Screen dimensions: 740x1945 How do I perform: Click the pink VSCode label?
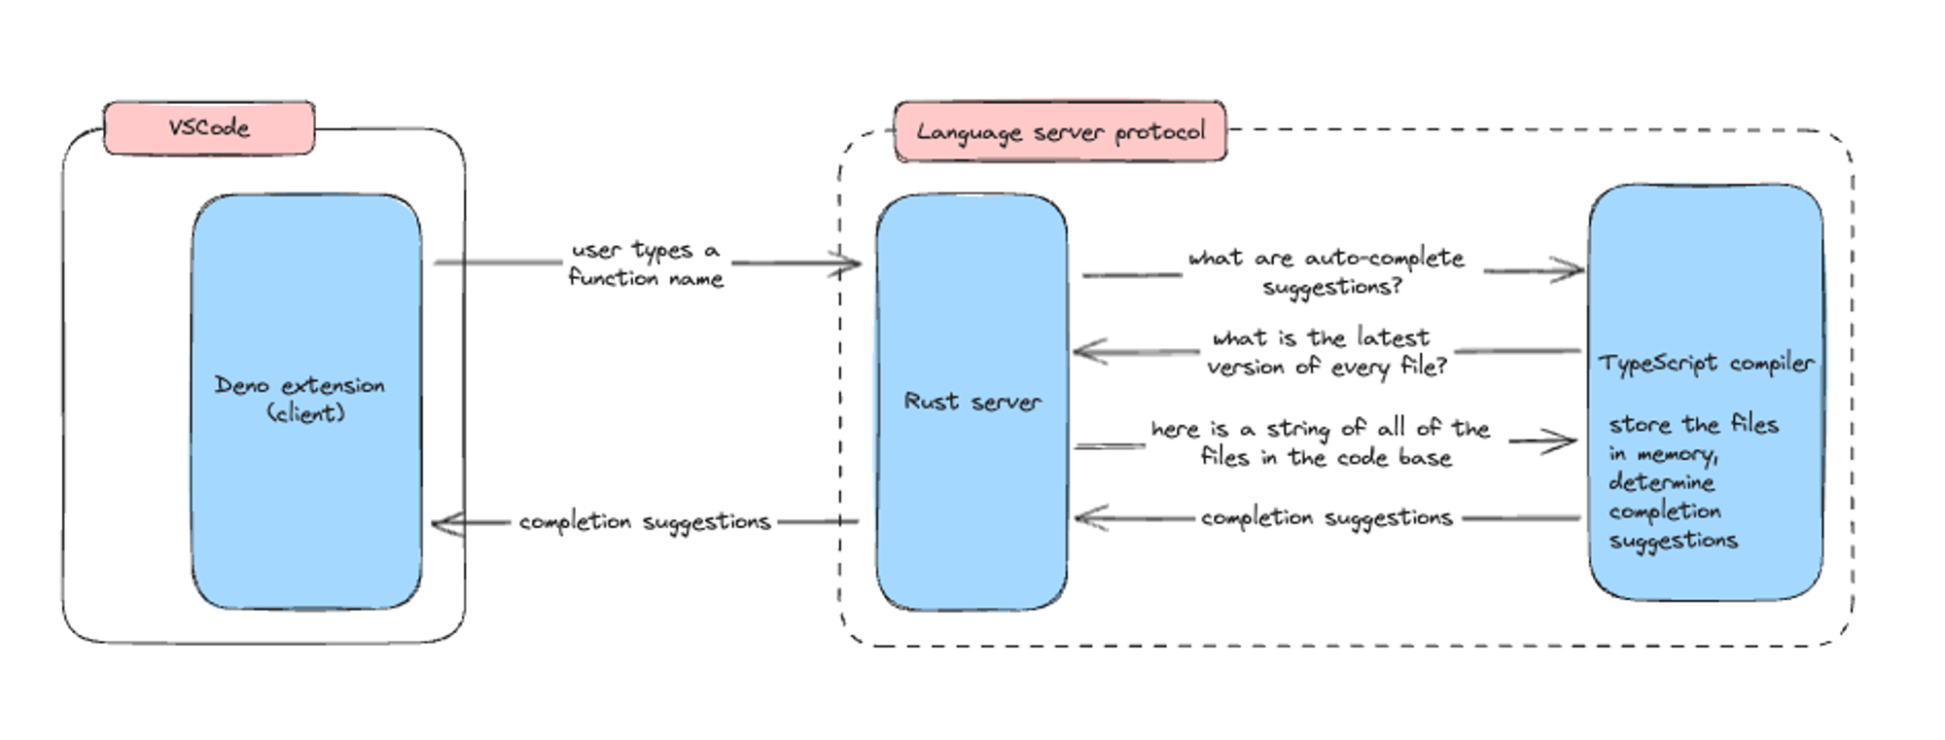(x=209, y=127)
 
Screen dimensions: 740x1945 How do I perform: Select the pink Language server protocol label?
(x=1060, y=131)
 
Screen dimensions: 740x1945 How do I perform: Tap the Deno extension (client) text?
(x=301, y=399)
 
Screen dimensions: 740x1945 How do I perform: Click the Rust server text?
(x=972, y=402)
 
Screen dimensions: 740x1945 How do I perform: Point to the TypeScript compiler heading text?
(x=1706, y=364)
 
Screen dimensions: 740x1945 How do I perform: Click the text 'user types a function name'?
(x=646, y=264)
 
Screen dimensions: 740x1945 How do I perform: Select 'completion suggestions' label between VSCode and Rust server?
(x=644, y=522)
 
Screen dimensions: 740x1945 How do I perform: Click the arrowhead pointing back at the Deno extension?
(x=442, y=524)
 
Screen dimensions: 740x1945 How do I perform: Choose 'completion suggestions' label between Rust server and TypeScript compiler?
(x=1326, y=518)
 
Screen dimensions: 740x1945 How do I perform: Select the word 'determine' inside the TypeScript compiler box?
(x=1661, y=482)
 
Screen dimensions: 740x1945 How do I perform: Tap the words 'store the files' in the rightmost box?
(x=1693, y=425)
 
